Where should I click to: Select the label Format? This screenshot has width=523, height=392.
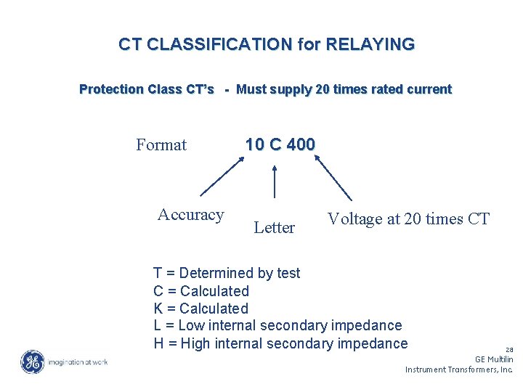tap(161, 145)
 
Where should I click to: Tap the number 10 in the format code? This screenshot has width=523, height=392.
tap(254, 144)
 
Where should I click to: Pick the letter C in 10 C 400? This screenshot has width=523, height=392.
tap(275, 144)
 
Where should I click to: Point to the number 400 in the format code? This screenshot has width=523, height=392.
tap(301, 144)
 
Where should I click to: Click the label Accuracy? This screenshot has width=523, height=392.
tap(190, 215)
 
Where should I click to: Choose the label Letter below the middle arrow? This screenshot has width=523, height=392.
tap(275, 228)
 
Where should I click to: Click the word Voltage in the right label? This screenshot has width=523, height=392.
tap(355, 219)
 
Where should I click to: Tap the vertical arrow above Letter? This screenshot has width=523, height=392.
tap(275, 181)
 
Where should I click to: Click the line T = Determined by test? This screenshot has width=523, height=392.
tap(227, 273)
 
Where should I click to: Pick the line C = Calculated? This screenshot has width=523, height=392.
tap(201, 291)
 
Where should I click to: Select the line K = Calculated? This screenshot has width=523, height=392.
tap(201, 309)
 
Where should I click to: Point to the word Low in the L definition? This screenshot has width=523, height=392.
tap(192, 326)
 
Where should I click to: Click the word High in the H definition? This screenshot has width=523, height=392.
tap(195, 343)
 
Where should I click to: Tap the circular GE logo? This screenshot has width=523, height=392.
tap(32, 362)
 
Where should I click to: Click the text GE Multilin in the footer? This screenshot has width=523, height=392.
tap(494, 359)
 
